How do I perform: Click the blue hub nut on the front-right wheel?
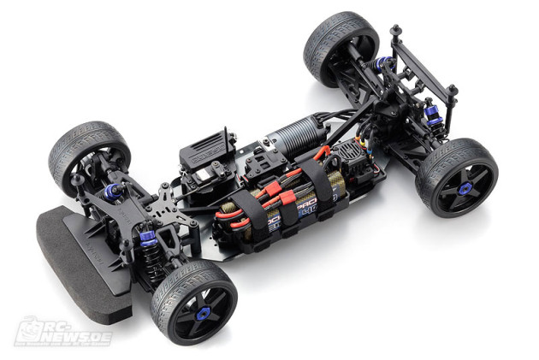pos(202,314)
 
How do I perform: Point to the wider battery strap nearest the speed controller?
pos(322,183)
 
